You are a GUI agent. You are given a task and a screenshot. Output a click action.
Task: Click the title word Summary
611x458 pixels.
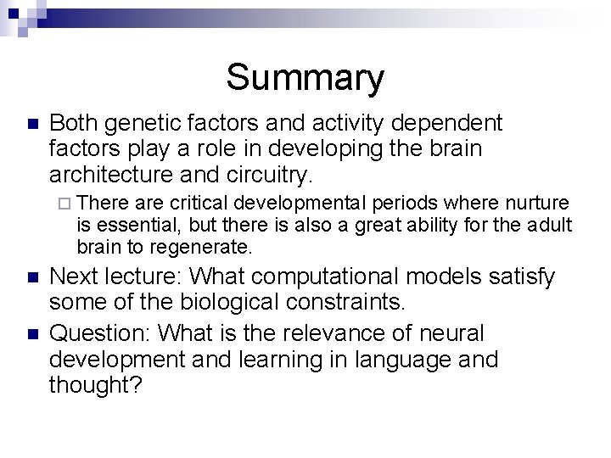coord(305,78)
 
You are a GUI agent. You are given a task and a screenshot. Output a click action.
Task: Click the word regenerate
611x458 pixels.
coord(199,248)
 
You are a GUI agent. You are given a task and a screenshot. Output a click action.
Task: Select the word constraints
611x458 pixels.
coord(360,302)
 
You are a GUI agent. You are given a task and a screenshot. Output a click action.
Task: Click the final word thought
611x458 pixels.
coord(92,385)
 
